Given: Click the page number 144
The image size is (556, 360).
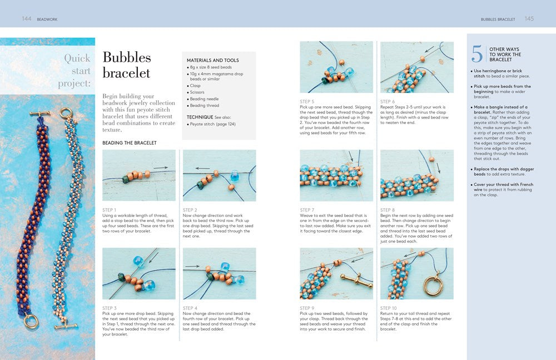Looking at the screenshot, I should pos(26,19).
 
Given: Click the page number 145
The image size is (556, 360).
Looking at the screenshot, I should pos(529,19).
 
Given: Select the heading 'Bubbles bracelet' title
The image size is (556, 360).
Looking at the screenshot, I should pos(127,65).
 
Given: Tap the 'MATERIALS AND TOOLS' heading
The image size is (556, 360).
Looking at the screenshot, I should pos(212,60).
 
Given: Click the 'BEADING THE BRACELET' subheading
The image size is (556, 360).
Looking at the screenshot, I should pos(130,143).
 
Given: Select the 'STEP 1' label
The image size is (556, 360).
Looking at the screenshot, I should pos(110,210).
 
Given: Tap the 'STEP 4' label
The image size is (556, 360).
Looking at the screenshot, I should pos(191,308).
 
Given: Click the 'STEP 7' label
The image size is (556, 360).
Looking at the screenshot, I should pos(307,210).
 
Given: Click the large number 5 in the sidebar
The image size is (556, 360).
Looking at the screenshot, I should pos(477,53).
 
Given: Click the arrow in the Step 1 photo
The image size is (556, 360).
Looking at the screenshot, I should pos(162,167).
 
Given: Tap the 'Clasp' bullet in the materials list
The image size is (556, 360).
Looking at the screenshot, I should pos(195,86).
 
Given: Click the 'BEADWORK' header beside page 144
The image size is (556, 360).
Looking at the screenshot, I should pos(47,19).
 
